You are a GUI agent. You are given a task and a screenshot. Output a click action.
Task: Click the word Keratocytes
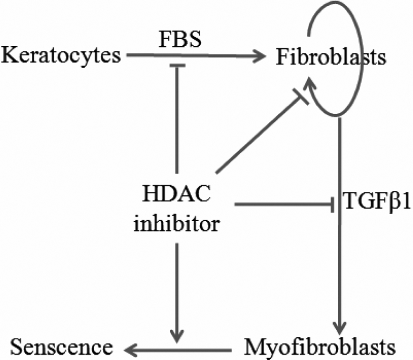pyautogui.click(x=61, y=55)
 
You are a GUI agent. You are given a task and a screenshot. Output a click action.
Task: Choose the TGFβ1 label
pyautogui.click(x=376, y=204)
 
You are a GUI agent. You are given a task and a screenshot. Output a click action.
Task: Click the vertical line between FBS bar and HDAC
pyautogui.click(x=177, y=120)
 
